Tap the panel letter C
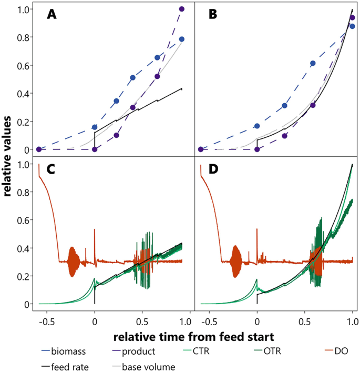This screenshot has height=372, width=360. (52, 170)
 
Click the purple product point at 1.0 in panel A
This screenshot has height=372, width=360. (182, 9)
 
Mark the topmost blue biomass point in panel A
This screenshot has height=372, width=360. (182, 39)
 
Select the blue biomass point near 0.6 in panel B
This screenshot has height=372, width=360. (313, 63)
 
